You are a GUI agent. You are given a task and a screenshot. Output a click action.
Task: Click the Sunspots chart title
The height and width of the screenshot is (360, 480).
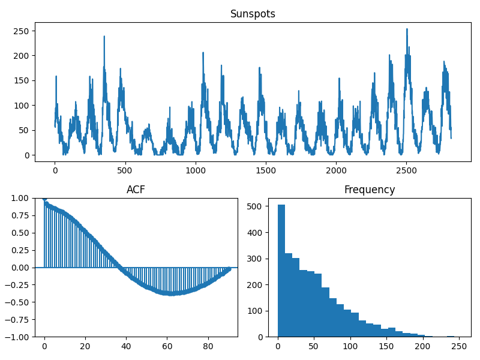pyautogui.click(x=253, y=14)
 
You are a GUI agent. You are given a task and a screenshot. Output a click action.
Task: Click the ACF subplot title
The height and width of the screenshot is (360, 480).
pyautogui.click(x=136, y=190)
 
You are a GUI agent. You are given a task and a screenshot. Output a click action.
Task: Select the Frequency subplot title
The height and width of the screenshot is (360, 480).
pyautogui.click(x=369, y=190)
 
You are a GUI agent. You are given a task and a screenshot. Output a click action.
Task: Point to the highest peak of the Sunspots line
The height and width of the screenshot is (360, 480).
pyautogui.click(x=407, y=29)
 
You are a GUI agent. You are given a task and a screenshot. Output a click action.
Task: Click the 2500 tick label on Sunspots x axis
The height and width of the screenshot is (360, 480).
pyautogui.click(x=406, y=170)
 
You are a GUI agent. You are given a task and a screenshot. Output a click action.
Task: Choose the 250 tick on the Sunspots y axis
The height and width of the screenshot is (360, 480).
pyautogui.click(x=22, y=31)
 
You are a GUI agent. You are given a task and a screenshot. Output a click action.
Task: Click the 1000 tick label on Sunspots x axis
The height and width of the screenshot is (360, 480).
pyautogui.click(x=196, y=170)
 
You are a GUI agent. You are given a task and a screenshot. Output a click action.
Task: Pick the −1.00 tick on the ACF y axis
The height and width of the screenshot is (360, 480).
pyautogui.click(x=19, y=337)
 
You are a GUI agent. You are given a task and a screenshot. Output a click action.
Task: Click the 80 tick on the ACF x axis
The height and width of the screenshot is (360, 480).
pyautogui.click(x=208, y=346)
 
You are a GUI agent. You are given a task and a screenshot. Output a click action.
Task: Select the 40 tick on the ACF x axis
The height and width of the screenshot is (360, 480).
pyautogui.click(x=126, y=346)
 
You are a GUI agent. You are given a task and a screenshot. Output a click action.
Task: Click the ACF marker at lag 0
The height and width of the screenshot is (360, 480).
pyautogui.click(x=44, y=199)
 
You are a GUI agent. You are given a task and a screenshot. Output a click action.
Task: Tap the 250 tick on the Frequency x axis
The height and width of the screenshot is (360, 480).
pyautogui.click(x=459, y=346)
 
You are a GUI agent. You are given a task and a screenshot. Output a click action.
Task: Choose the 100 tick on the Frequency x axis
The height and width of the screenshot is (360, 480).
pyautogui.click(x=350, y=346)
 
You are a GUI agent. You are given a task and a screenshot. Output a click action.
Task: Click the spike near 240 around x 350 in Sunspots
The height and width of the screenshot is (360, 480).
pyautogui.click(x=104, y=37)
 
